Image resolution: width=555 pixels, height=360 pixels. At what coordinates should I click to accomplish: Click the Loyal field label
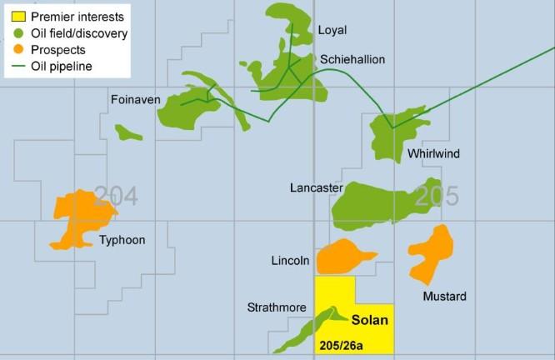click(332, 31)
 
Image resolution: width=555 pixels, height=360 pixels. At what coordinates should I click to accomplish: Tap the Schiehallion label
click(352, 60)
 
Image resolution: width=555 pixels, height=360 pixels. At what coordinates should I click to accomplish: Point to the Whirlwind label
click(433, 154)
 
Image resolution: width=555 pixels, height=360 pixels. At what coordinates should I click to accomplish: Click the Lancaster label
click(316, 188)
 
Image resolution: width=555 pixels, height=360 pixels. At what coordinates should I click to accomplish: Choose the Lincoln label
click(291, 262)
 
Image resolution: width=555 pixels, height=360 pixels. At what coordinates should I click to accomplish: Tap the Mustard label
click(444, 297)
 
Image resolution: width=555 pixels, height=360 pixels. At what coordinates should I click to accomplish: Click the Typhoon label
click(122, 241)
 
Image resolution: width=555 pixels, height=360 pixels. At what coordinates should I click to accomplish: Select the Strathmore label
click(275, 307)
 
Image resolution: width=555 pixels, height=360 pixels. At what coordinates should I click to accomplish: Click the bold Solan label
click(370, 319)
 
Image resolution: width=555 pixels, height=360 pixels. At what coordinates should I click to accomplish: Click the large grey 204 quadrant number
click(116, 196)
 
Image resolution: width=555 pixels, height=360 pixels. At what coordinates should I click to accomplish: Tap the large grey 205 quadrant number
click(436, 196)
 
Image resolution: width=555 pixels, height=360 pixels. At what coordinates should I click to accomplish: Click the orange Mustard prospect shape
click(432, 250)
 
